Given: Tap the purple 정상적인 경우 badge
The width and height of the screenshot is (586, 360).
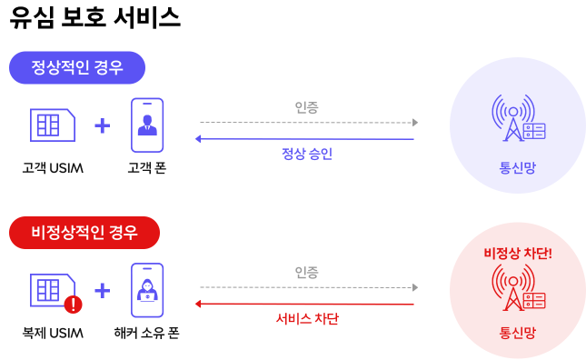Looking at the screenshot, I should [x=77, y=67].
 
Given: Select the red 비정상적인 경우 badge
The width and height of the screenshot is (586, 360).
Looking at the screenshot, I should [x=84, y=233].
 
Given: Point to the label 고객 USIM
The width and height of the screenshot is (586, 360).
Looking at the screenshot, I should [x=54, y=167].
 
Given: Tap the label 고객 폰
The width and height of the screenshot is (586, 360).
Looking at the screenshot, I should [x=146, y=167].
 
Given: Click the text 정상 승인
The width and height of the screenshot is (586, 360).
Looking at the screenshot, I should [x=306, y=154].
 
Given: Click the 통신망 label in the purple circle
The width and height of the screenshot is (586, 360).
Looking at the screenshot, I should [x=517, y=166].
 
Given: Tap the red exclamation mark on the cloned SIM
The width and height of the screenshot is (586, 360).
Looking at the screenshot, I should [x=72, y=305].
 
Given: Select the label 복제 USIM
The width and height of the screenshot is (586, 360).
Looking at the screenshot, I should [x=53, y=333].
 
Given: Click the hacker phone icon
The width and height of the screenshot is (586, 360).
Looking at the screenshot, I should [x=146, y=289].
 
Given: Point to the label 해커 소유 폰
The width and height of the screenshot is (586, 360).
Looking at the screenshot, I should [x=146, y=333].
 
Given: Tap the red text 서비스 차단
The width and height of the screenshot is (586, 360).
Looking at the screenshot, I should [x=306, y=319].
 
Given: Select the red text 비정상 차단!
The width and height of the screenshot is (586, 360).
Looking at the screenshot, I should [x=518, y=252].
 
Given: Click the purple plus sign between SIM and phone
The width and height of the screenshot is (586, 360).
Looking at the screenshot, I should [x=102, y=125].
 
